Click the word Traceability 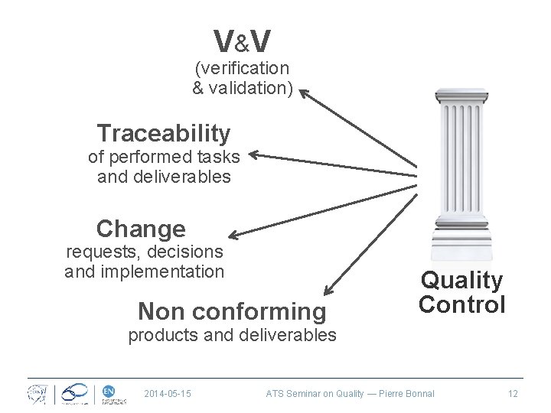(164, 134)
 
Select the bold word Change (141, 229)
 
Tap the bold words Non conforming (231, 311)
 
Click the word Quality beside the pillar (461, 281)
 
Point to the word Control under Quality (461, 304)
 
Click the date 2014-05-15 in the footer (168, 393)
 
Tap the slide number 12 (512, 393)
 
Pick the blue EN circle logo (109, 391)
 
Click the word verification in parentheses (246, 69)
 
